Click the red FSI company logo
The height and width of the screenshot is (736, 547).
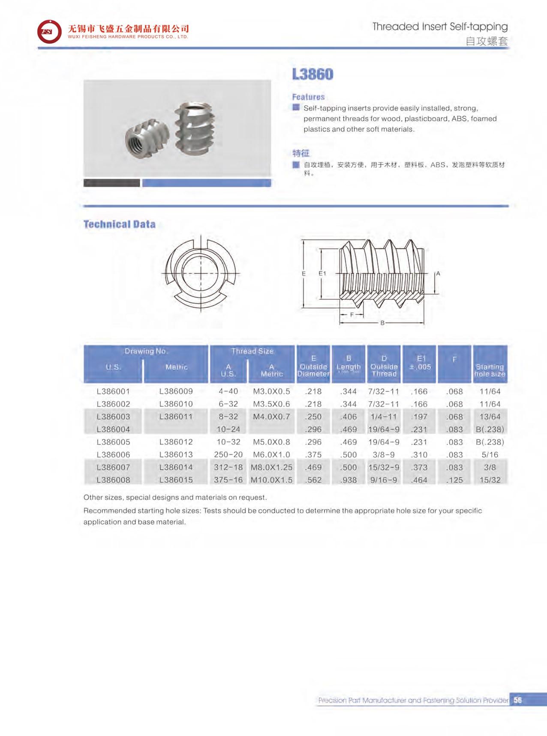point(49,31)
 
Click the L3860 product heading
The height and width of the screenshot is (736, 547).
point(313,74)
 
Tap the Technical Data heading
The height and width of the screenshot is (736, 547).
point(119,224)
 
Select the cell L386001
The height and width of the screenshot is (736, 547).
point(113,391)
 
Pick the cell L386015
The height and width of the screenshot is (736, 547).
point(176,480)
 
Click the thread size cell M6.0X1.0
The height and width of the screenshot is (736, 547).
point(271,455)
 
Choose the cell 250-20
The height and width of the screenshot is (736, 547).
point(228,455)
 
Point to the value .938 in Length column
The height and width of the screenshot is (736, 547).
point(348,480)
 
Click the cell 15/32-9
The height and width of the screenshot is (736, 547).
point(384,467)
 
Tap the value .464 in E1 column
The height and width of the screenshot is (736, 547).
point(419,480)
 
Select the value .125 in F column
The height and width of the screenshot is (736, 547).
point(454,480)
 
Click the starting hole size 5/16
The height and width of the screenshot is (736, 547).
point(490,455)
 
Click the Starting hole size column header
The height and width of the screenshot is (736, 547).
point(490,370)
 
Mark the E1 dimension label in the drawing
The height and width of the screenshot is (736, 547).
point(322,273)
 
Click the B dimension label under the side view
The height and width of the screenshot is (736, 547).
point(382,323)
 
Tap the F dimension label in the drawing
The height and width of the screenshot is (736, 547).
point(352,315)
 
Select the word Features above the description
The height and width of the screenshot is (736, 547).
point(308,97)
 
